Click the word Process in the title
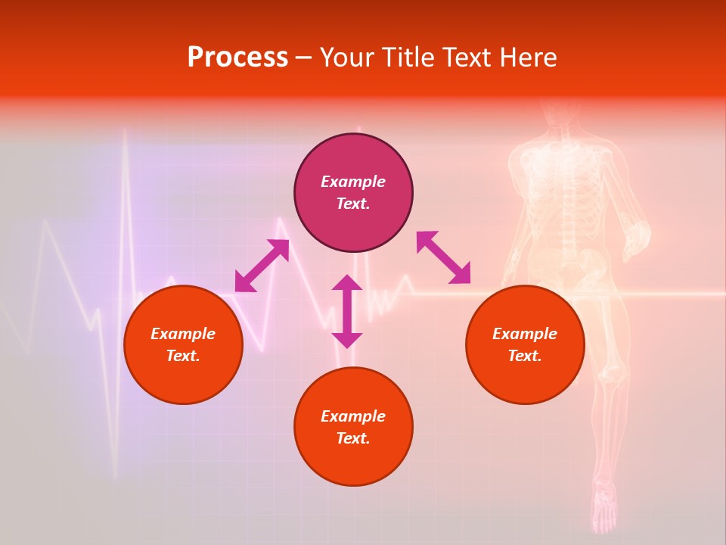[237, 58]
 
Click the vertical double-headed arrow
[347, 311]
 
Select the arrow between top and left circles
[262, 266]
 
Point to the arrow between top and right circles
[443, 257]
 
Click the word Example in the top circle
[353, 182]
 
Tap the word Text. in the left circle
[183, 356]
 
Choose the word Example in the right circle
[525, 334]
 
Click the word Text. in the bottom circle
[353, 438]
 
